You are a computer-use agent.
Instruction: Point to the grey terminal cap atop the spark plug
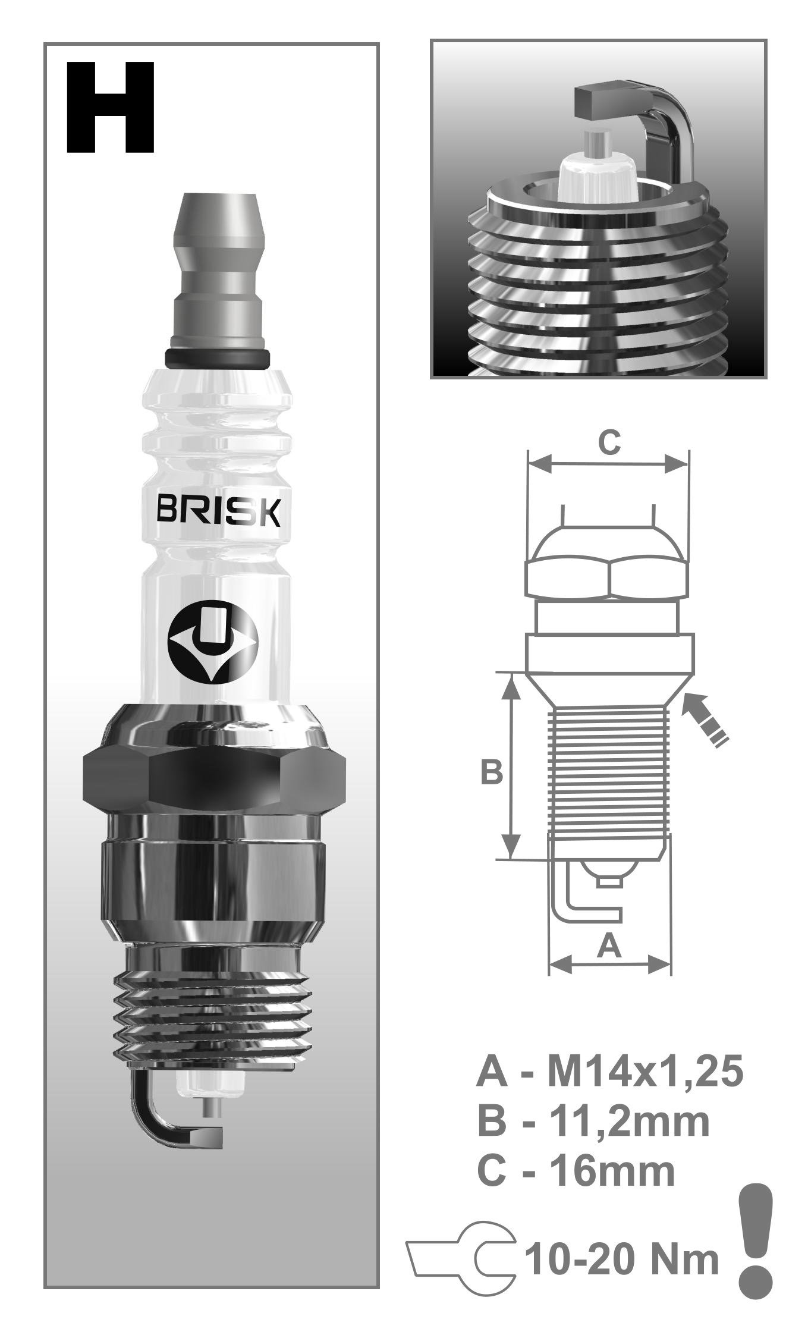[218, 271]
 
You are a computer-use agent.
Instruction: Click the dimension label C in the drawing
[609, 442]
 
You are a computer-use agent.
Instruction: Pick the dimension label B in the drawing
[491, 772]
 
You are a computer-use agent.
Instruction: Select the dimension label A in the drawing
[608, 946]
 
